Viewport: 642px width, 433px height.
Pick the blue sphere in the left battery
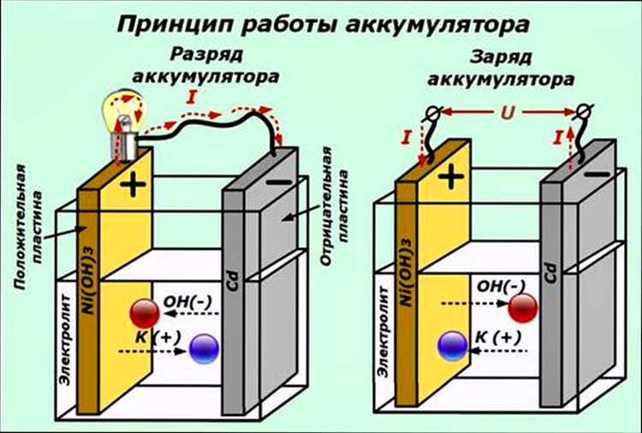click(204, 348)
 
